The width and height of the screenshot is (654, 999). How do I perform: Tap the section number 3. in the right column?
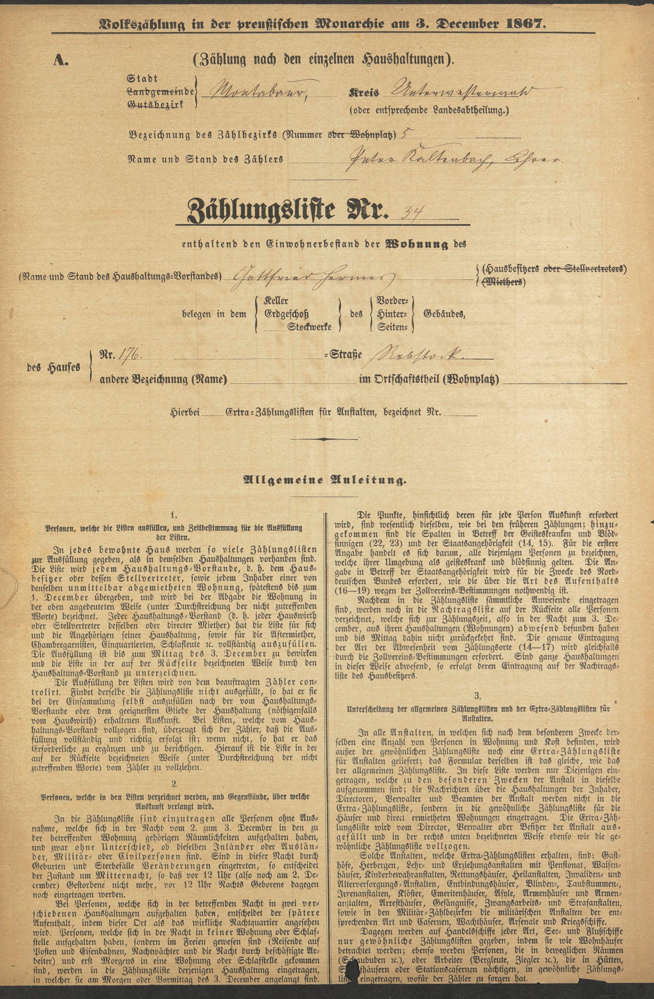477,696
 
